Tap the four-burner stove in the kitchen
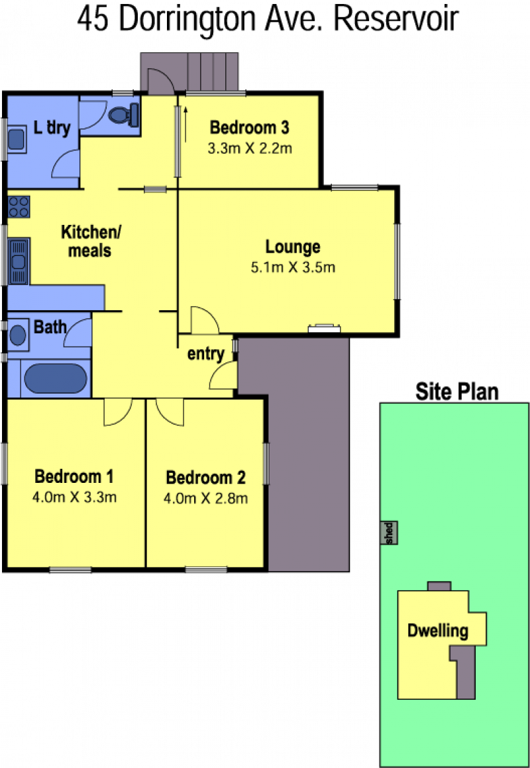[19, 206]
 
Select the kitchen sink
[19, 261]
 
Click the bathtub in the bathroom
[56, 378]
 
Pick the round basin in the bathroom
[18, 335]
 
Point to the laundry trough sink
[17, 139]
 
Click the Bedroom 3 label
[249, 128]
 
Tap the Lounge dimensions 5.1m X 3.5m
[293, 267]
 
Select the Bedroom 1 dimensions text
[75, 497]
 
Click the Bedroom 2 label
[205, 477]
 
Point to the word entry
[205, 354]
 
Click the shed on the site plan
[389, 533]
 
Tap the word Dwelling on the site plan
[438, 630]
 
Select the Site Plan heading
[457, 392]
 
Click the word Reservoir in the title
[396, 20]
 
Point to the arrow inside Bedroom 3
[186, 124]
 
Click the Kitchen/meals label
[90, 241]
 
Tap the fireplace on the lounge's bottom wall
[324, 328]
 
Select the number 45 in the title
[93, 20]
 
